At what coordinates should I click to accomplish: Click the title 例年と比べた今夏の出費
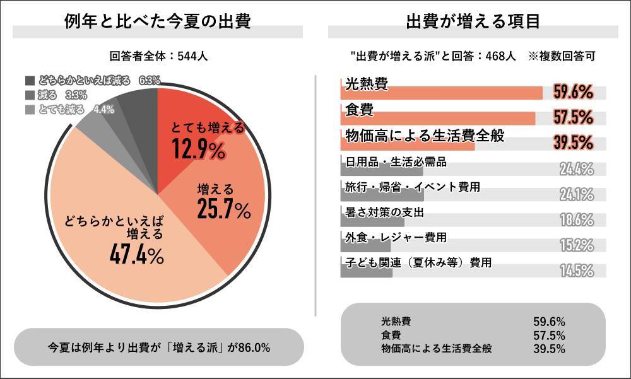tap(158, 22)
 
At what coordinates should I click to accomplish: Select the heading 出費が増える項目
tap(473, 22)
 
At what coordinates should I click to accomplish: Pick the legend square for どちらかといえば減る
tap(30, 81)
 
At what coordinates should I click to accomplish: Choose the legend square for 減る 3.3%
tap(30, 95)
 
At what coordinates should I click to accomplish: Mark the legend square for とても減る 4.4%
tap(30, 109)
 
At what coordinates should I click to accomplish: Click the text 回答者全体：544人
tap(158, 56)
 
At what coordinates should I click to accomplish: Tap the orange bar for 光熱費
tap(441, 93)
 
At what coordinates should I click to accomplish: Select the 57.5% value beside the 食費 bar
tap(573, 117)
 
